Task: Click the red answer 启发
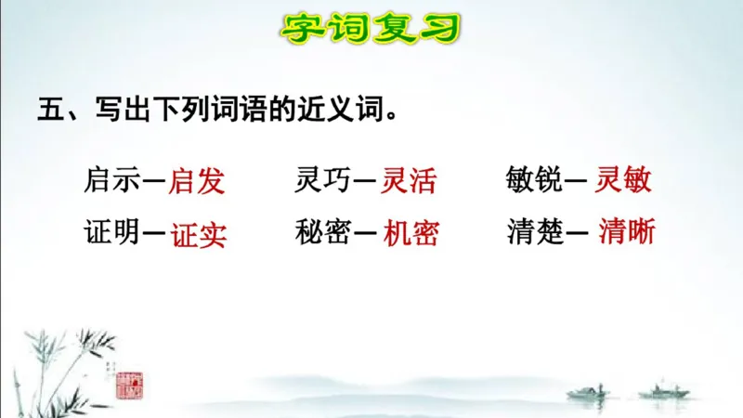point(197,180)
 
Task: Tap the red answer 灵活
point(410,180)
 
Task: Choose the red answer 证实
point(198,234)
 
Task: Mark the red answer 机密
point(411,233)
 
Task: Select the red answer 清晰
point(627,232)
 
